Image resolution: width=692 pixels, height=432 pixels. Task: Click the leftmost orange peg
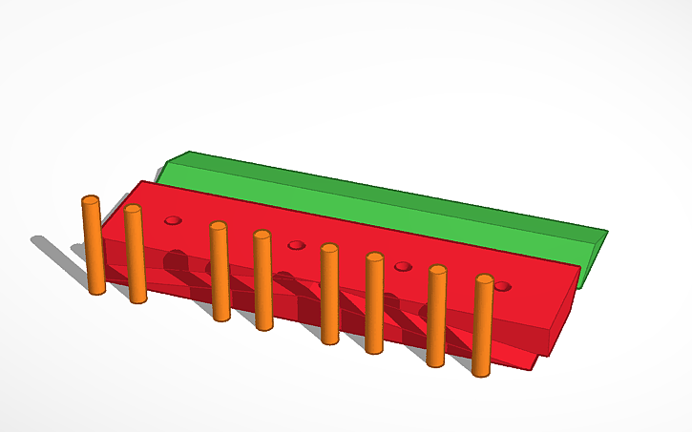pyautogui.click(x=94, y=248)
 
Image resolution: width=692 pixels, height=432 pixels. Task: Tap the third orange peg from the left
pyautogui.click(x=220, y=273)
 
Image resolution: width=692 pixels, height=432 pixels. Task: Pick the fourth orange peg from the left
pyautogui.click(x=263, y=282)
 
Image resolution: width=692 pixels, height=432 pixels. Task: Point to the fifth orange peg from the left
pyautogui.click(x=330, y=296)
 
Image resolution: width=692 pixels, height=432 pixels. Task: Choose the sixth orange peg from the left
pyautogui.click(x=374, y=305)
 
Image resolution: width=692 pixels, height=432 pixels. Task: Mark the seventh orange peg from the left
pyautogui.click(x=437, y=318)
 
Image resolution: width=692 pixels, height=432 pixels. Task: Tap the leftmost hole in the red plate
pyautogui.click(x=173, y=220)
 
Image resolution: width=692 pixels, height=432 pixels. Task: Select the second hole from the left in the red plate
pyautogui.click(x=296, y=245)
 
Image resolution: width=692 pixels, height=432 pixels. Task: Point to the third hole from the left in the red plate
pyautogui.click(x=403, y=266)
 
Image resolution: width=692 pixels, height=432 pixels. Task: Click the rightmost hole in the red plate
pyautogui.click(x=502, y=286)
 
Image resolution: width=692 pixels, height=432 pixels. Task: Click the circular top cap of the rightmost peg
pyautogui.click(x=485, y=279)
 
